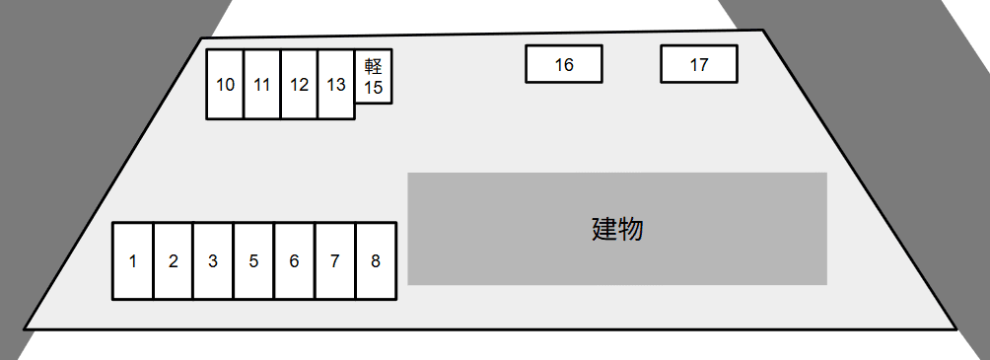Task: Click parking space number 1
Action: [133, 260]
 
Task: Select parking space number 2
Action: [174, 260]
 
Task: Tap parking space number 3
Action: [213, 260]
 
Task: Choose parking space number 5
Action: [253, 260]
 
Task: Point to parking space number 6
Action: [294, 260]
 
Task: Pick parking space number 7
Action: [334, 260]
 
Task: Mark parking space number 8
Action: [376, 260]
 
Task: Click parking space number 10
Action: [226, 85]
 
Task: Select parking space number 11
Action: [262, 85]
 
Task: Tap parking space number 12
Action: [300, 85]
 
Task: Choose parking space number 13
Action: [336, 85]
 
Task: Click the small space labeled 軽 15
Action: [374, 76]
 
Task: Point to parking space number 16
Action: [564, 64]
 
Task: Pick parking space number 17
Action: [699, 64]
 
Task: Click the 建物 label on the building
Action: [618, 229]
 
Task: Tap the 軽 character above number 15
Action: [374, 66]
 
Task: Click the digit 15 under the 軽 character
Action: [374, 88]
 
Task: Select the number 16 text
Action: [564, 65]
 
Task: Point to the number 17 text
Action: [699, 65]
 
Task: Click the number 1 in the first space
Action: [133, 261]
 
